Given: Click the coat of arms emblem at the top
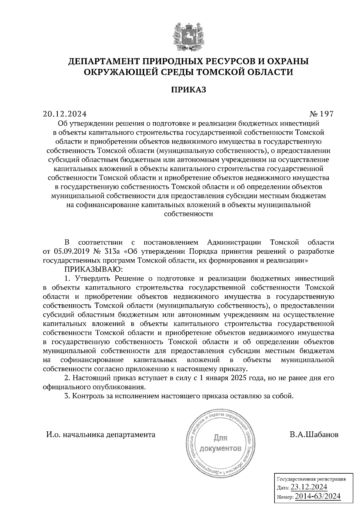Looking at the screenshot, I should [188, 36].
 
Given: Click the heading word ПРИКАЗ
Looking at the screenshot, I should [188, 90].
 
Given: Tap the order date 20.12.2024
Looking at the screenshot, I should [64, 114].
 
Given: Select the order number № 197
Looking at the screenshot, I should [322, 114].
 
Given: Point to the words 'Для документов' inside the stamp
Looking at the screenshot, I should [220, 443].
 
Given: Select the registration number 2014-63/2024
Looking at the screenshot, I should [318, 496].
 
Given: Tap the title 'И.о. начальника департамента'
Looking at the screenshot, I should [100, 434].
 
